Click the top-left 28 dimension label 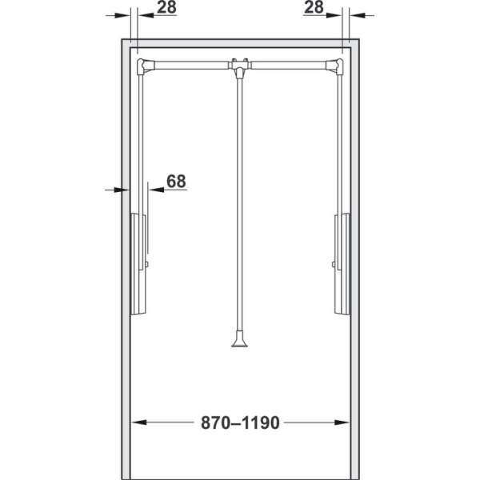point(167,7)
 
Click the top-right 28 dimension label point(314,7)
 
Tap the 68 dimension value point(176,181)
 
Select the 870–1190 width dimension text point(240,422)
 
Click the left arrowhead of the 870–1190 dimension point(138,422)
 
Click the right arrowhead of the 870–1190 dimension point(342,422)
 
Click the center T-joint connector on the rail point(240,66)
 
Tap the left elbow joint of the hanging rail point(145,66)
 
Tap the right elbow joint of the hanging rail point(335,66)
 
